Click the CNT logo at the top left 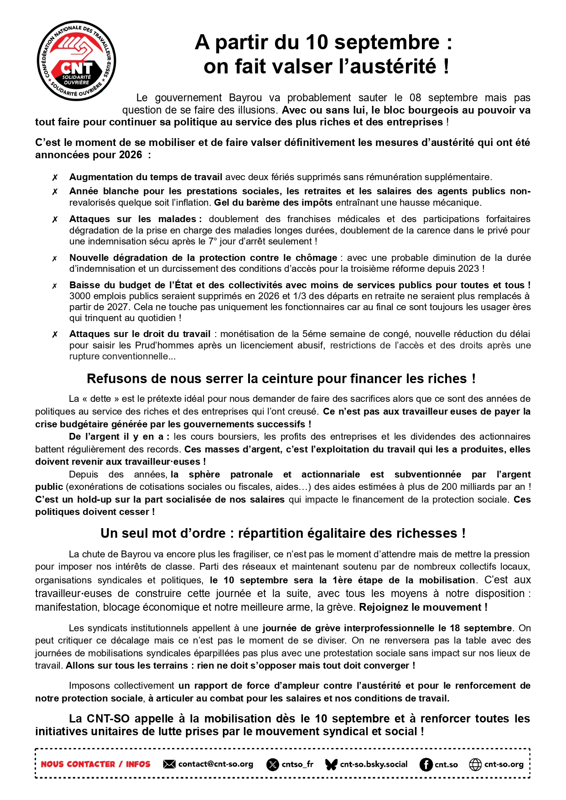point(76,61)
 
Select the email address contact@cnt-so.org point(215,764)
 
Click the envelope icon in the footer point(169,764)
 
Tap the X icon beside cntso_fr point(272,764)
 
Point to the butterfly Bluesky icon point(331,764)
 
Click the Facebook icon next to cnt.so point(426,764)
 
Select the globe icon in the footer point(475,764)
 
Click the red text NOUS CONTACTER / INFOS point(95,764)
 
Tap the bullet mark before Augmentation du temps point(55,177)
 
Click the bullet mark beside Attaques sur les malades point(55,219)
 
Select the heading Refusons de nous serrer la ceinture point(281,379)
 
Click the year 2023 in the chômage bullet point(469,269)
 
